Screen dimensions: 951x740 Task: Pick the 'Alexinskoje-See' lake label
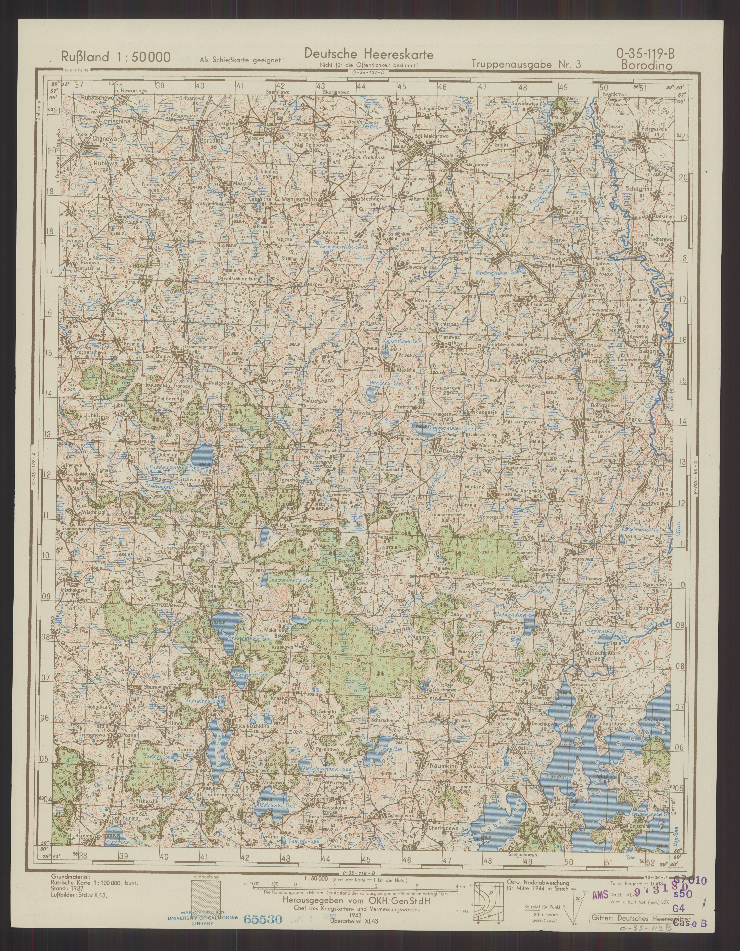click(x=399, y=341)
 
